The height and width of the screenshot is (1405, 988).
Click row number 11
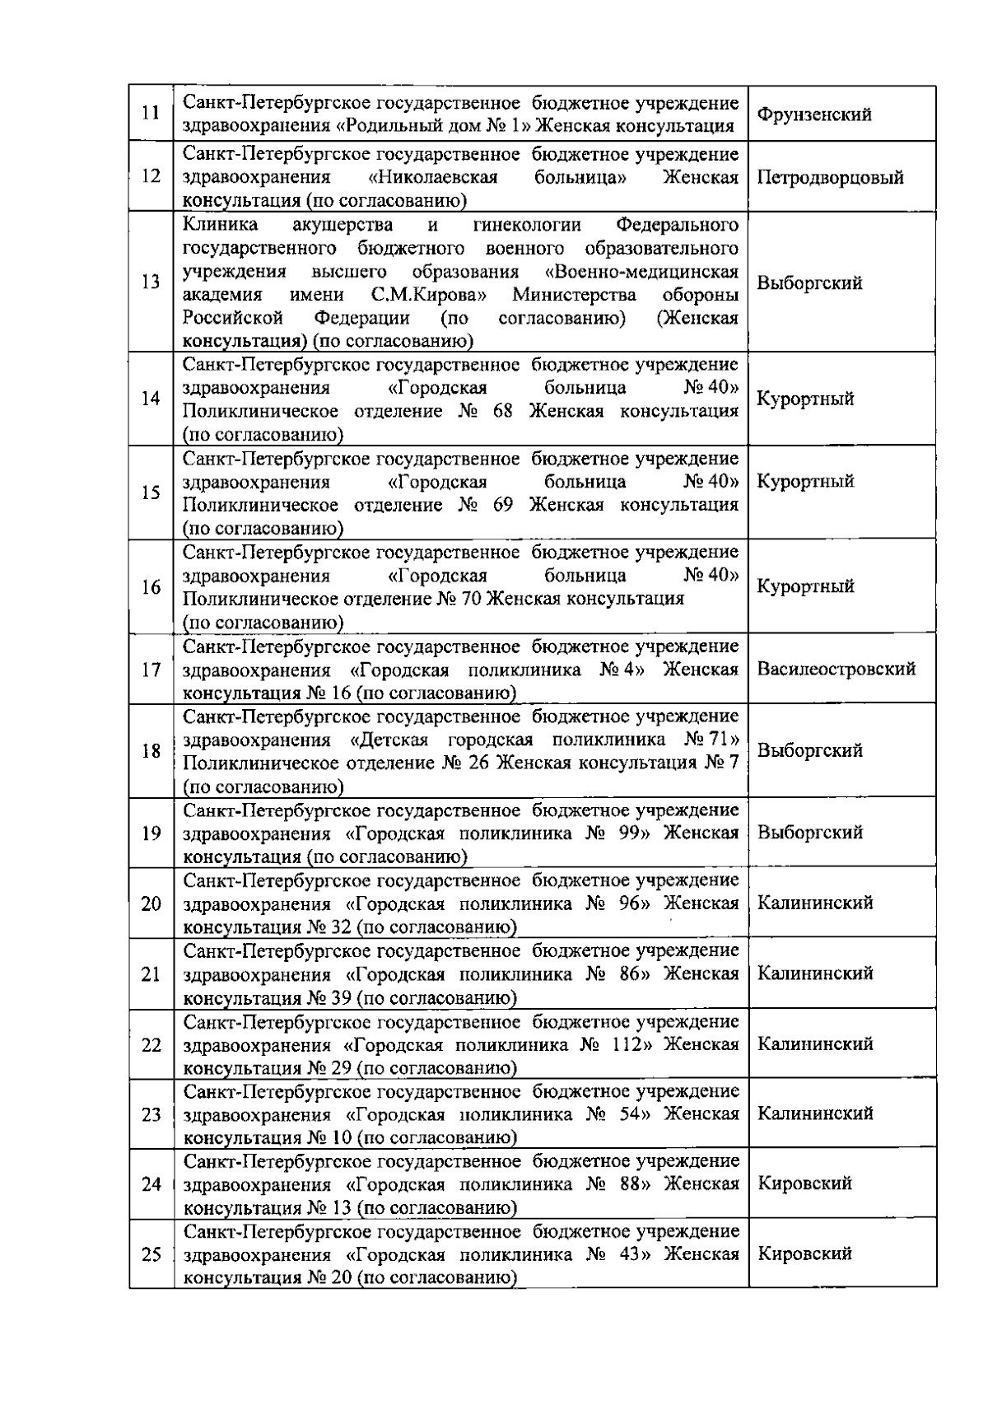(x=151, y=113)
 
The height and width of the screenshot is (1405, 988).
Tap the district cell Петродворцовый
(x=830, y=177)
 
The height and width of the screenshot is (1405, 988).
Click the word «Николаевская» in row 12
(x=433, y=177)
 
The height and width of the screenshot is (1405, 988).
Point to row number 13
(x=151, y=282)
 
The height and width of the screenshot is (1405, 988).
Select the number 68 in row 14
(x=503, y=411)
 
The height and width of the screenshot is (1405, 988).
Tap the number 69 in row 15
(x=503, y=505)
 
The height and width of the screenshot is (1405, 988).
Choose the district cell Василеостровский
(x=836, y=669)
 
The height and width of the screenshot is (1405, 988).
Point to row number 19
(x=151, y=833)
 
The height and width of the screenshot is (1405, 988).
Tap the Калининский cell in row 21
(x=814, y=973)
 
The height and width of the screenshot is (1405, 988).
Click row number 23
(x=151, y=1114)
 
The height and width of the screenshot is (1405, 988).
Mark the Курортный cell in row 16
(x=805, y=586)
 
